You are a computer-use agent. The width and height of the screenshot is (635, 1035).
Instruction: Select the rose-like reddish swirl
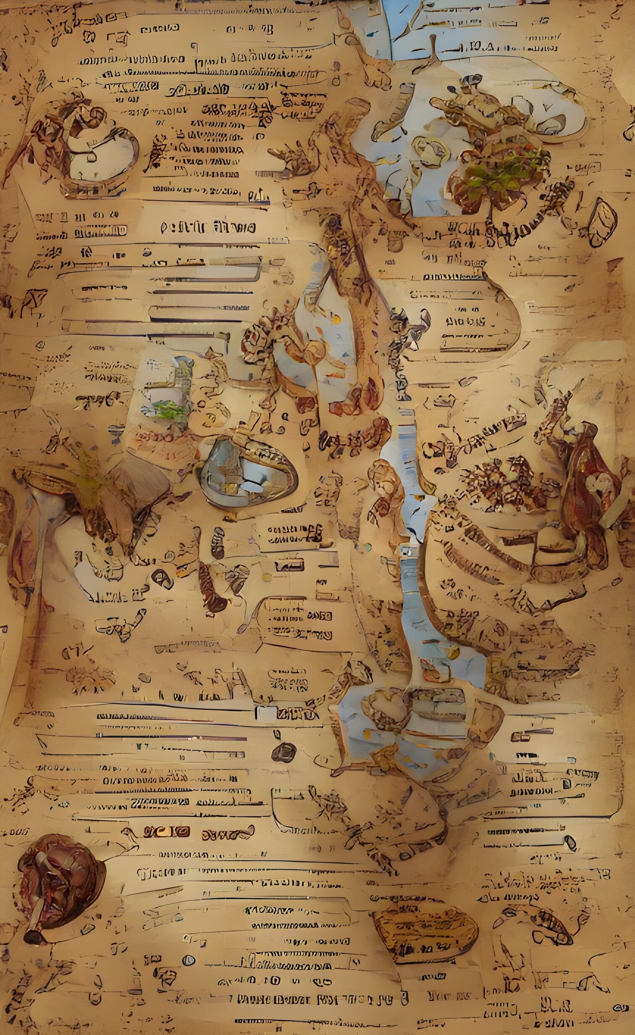tap(254, 336)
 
